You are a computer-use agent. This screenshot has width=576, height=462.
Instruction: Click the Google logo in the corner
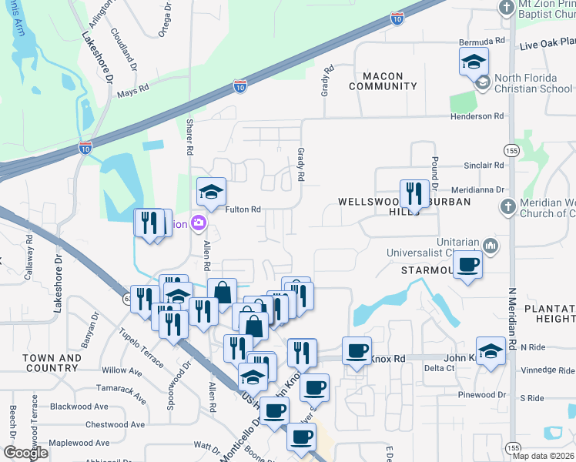click(x=27, y=453)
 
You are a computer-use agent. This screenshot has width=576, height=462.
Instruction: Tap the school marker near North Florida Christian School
click(x=474, y=62)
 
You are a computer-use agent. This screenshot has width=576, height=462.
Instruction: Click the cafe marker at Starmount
click(x=467, y=266)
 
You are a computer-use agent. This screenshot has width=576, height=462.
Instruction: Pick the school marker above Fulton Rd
click(x=211, y=192)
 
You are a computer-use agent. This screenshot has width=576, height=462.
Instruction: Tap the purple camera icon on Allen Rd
click(x=199, y=224)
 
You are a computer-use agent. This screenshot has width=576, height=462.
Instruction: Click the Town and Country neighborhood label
click(x=52, y=363)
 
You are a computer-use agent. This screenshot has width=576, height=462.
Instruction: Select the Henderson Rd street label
click(x=477, y=116)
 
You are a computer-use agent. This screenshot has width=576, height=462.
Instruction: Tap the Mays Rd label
click(x=131, y=94)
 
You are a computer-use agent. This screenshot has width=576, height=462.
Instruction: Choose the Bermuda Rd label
click(x=477, y=40)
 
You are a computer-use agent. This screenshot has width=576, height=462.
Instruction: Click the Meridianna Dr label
click(x=477, y=189)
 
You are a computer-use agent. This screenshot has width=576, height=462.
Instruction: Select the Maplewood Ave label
click(x=81, y=444)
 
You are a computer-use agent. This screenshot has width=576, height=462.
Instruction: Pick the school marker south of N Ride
click(x=491, y=352)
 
